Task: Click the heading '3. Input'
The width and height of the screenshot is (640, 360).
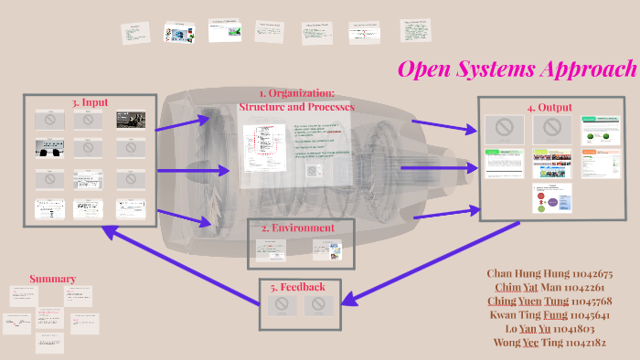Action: (89, 102)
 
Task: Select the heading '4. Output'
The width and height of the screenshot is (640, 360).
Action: (549, 107)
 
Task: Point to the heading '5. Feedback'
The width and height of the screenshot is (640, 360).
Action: (296, 286)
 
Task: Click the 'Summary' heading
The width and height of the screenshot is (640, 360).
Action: (52, 279)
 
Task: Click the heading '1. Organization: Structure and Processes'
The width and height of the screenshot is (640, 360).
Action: (296, 100)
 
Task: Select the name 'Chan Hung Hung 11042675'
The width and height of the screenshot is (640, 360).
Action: (549, 273)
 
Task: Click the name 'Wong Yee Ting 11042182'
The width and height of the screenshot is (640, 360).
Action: (549, 343)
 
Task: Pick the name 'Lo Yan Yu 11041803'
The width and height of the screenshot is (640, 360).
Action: (549, 329)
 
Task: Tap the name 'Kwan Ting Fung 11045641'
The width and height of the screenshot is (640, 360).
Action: (549, 315)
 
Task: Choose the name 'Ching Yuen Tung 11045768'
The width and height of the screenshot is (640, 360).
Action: (549, 302)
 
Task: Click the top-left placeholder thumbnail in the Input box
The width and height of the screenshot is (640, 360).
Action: (48, 120)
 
